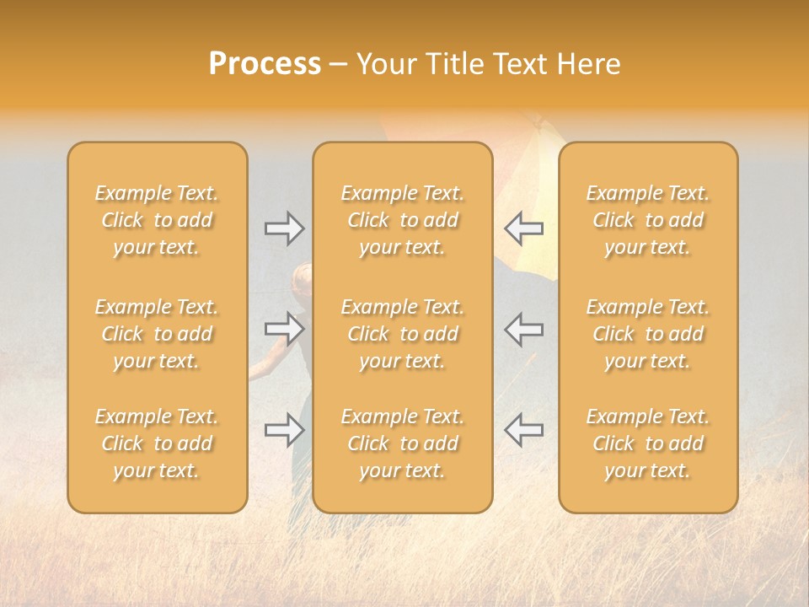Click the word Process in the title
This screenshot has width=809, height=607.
coord(265,64)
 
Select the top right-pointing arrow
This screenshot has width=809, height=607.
coord(285,228)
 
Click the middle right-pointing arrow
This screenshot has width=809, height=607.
coord(285,329)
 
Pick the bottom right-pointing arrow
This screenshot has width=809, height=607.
coord(285,430)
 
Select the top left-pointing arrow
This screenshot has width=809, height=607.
coord(523,228)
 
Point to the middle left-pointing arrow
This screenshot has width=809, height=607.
coord(523,329)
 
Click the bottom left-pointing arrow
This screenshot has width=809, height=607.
coord(523,430)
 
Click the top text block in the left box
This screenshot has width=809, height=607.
coord(157,220)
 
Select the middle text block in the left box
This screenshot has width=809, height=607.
coord(157,334)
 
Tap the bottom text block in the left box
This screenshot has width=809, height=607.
coord(157,443)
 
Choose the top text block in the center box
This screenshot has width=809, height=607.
coord(402,220)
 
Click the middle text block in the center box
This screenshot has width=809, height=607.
coord(402,334)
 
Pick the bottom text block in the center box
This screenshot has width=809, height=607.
coord(402,443)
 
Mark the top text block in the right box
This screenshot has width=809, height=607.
coord(647,220)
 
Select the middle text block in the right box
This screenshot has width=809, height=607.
coord(647,334)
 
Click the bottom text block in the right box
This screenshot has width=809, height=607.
coord(647,443)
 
